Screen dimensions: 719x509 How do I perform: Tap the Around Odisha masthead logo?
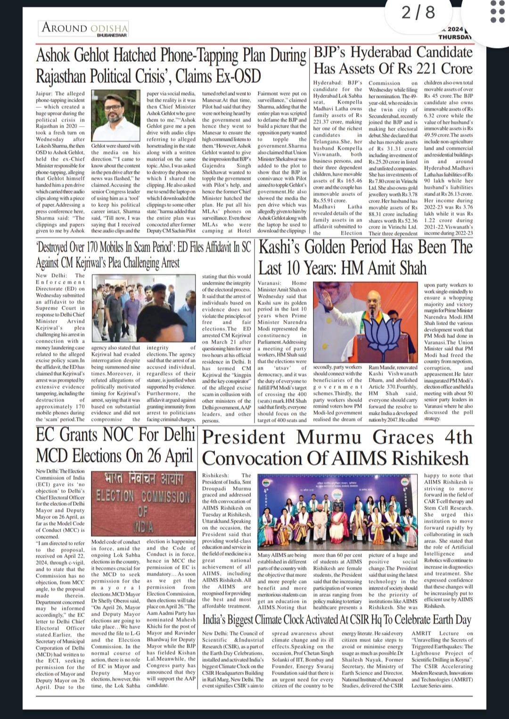point(85,28)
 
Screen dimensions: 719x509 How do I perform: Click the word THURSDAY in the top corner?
point(454,37)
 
